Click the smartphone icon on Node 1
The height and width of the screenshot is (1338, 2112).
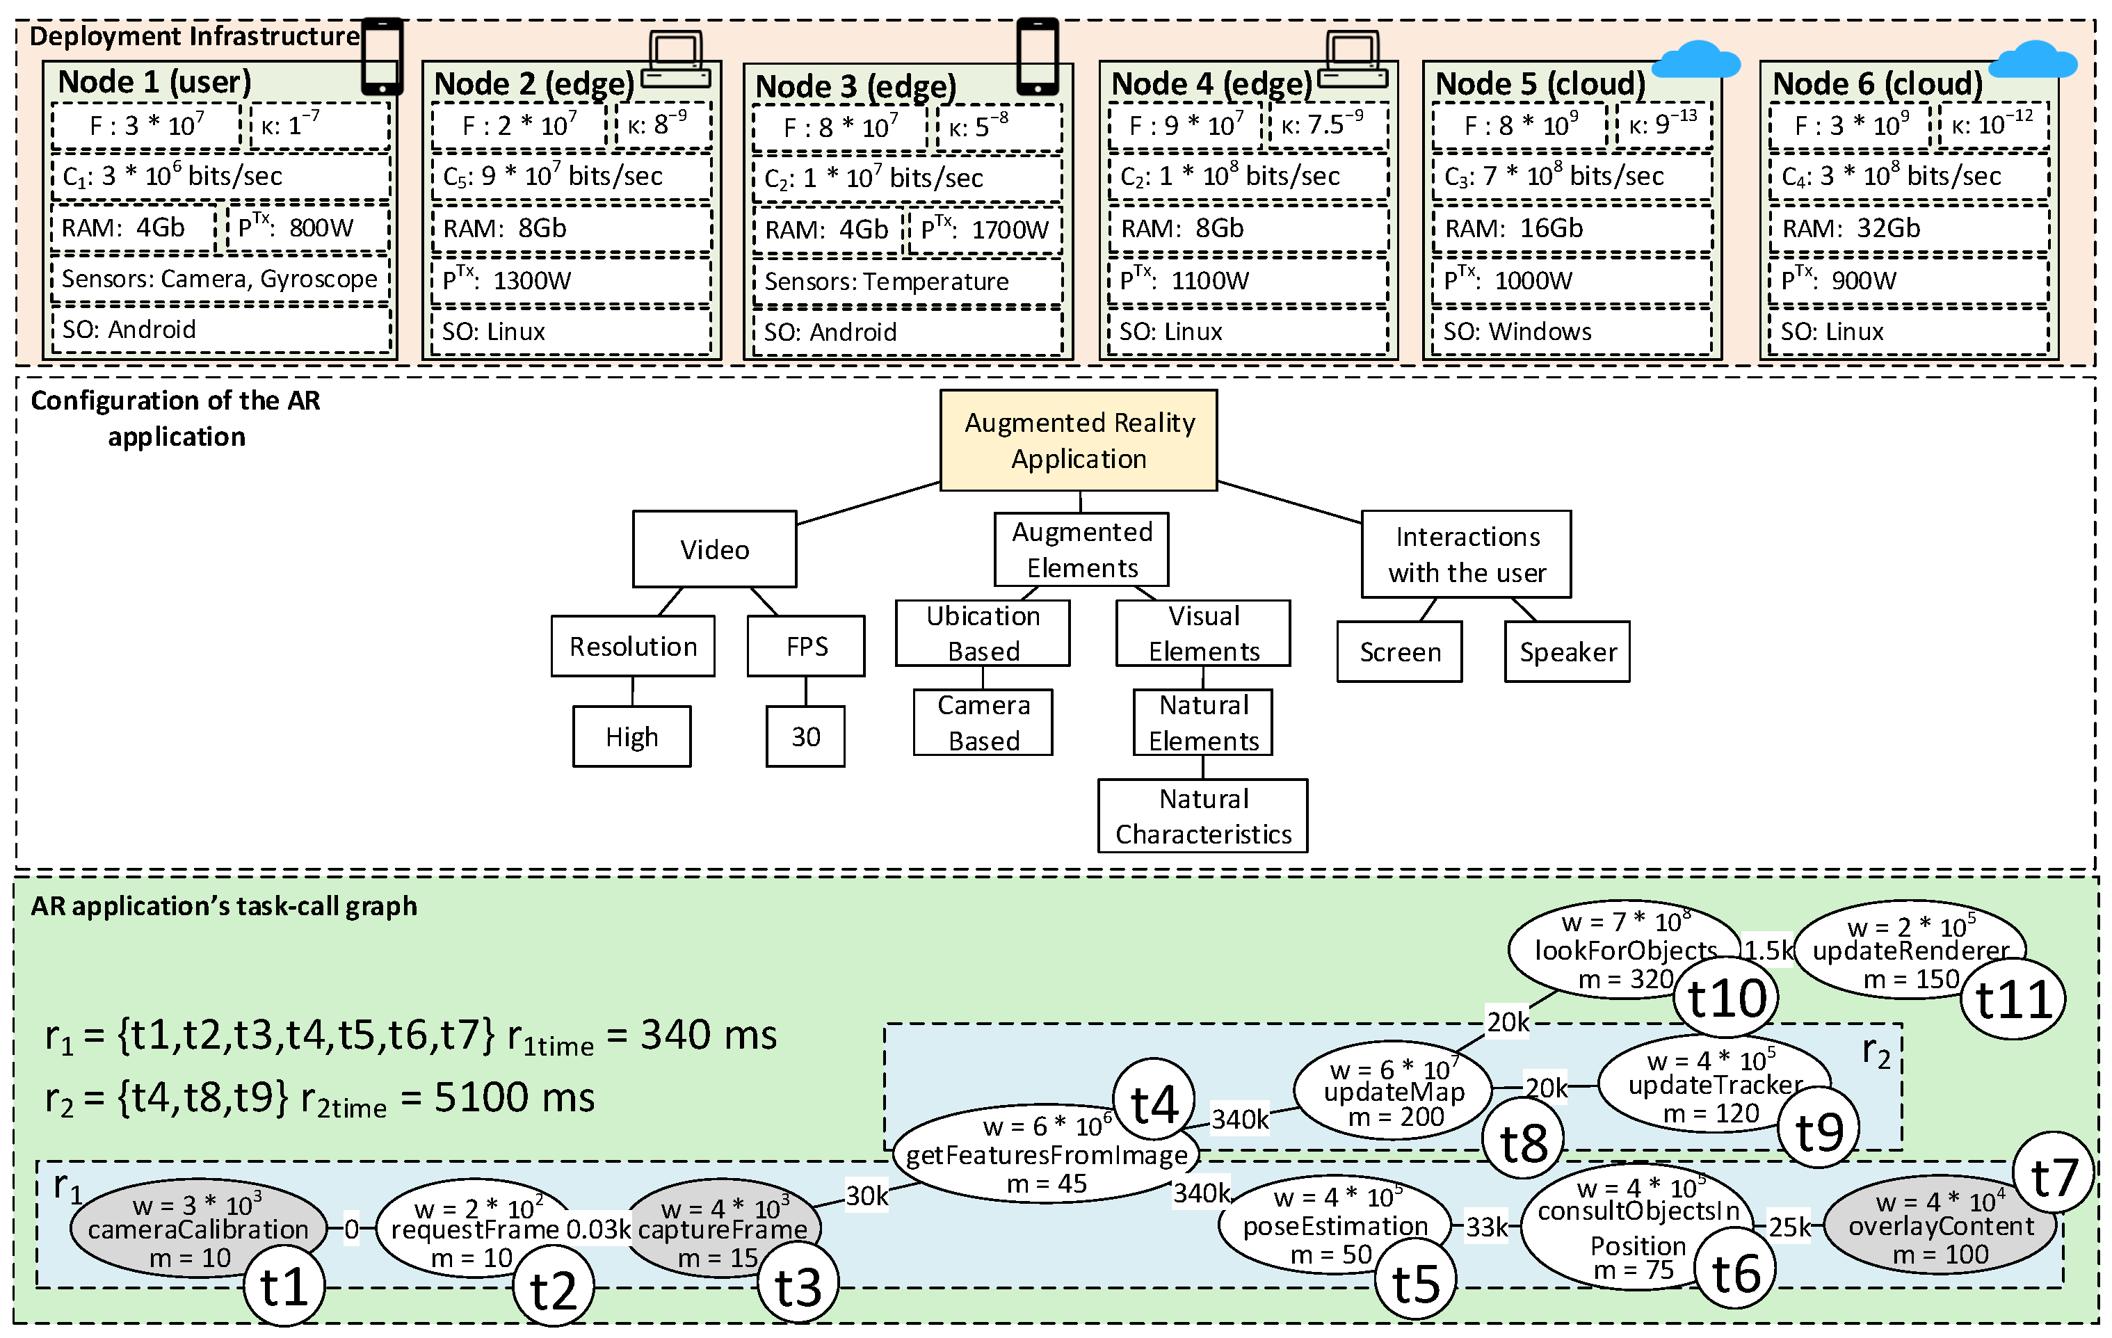[382, 56]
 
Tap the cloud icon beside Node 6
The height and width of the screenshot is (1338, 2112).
[2032, 61]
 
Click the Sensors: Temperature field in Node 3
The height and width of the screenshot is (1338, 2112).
[907, 282]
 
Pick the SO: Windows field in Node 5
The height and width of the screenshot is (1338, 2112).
[1571, 332]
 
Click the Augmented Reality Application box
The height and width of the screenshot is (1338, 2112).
[1078, 440]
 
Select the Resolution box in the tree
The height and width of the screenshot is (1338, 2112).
[632, 646]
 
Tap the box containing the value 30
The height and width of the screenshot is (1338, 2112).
[805, 736]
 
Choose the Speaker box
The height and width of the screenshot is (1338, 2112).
[1567, 652]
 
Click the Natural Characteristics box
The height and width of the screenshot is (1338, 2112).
[1202, 816]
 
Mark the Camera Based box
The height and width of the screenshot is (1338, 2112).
[983, 723]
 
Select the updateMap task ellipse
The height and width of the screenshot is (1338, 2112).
[1393, 1093]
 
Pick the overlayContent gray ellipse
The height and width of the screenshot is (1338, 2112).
[1940, 1226]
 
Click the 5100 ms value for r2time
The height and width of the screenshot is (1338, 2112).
[514, 1097]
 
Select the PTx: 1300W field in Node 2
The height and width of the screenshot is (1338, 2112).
[571, 280]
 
